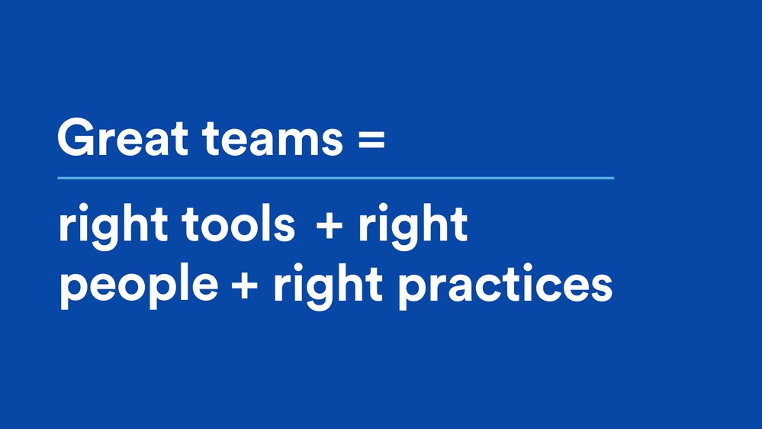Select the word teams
[273, 139]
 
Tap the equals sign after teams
[371, 139]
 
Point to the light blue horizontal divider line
[336, 178]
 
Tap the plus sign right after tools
[330, 224]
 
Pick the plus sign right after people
[244, 284]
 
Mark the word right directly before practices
[328, 285]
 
